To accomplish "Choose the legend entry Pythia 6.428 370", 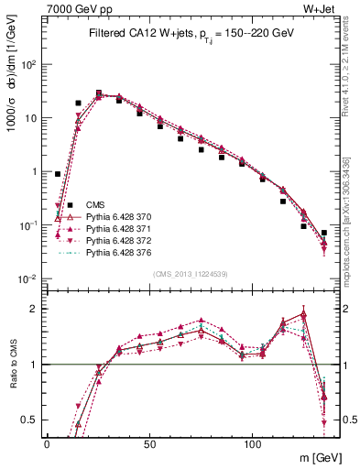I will [x=118, y=216].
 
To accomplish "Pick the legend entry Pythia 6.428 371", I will [x=118, y=228].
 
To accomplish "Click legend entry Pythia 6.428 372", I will [x=118, y=240].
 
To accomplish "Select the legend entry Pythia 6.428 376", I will [x=118, y=252].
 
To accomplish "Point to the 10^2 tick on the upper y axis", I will [x=29, y=64].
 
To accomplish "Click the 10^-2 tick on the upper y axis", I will [x=29, y=278].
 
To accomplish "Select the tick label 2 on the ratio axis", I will [x=34, y=309].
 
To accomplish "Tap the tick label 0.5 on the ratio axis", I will [x=30, y=420].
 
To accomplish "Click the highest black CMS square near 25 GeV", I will [x=99, y=93].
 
